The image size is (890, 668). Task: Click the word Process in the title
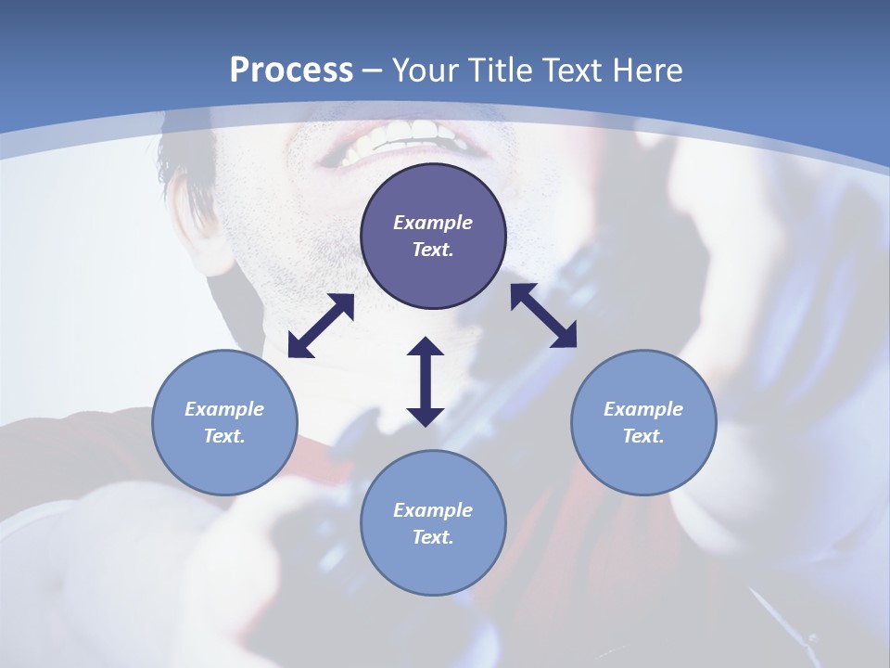(x=291, y=71)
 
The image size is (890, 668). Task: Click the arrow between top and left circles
(x=321, y=326)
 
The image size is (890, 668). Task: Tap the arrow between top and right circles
(x=543, y=315)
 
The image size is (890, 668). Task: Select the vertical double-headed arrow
(x=426, y=381)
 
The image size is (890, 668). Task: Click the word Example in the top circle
(x=433, y=223)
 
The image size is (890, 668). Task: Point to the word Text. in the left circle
(x=224, y=436)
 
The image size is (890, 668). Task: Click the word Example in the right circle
(x=643, y=409)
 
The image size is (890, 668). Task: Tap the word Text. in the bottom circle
(x=433, y=537)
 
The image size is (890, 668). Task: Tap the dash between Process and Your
(x=372, y=71)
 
